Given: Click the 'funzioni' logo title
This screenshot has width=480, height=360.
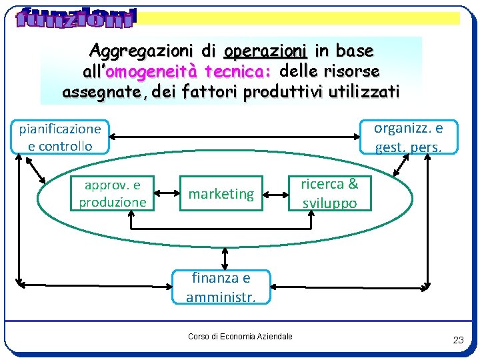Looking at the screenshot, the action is [75, 18].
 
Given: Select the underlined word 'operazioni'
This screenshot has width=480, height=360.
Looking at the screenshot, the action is [265, 51].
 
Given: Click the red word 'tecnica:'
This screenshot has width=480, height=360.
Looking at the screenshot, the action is [241, 71].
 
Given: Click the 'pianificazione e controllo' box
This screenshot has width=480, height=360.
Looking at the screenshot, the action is [60, 137].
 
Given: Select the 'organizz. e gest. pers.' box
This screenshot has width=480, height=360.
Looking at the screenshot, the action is [409, 137].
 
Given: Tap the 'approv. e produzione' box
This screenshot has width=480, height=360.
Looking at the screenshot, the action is [113, 193].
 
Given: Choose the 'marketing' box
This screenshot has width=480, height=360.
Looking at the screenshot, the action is [221, 194].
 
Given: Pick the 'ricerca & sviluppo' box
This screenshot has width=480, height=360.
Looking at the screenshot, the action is [329, 193].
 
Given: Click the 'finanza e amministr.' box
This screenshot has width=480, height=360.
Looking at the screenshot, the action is [221, 287].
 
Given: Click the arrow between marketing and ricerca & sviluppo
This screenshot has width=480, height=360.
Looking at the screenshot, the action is [276, 195].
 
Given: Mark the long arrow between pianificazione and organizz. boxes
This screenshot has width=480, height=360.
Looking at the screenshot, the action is [233, 137].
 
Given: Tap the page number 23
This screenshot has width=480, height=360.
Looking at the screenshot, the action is [458, 340].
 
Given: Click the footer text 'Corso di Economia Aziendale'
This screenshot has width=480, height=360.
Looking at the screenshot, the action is [240, 337].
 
